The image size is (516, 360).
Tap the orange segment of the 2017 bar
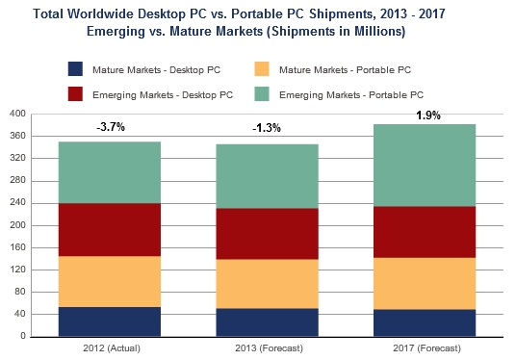click(x=425, y=283)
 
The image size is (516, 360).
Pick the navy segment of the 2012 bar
click(x=109, y=321)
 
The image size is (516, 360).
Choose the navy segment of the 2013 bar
click(x=267, y=322)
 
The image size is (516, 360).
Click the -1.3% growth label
click(x=267, y=129)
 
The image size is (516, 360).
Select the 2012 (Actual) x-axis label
click(x=109, y=347)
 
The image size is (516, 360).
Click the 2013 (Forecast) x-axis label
click(x=267, y=347)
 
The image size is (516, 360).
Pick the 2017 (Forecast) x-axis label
click(x=425, y=347)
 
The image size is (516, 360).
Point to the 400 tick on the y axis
click(x=15, y=115)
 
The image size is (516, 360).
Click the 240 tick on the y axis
click(x=15, y=203)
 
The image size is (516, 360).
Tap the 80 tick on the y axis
click(x=18, y=293)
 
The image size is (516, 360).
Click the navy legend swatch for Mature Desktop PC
click(x=75, y=69)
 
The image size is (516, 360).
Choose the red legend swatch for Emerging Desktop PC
click(x=75, y=93)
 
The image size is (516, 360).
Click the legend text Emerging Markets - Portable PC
click(x=350, y=93)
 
